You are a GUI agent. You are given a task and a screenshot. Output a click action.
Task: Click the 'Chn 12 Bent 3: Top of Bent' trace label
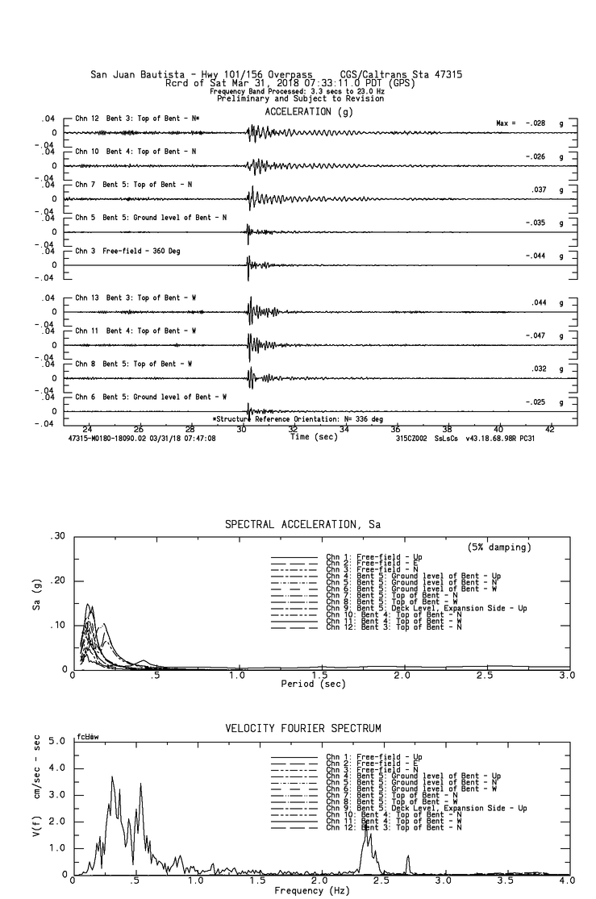pyautogui.click(x=137, y=119)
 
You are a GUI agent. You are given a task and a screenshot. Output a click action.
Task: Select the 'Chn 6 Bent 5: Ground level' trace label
pyautogui.click(x=151, y=397)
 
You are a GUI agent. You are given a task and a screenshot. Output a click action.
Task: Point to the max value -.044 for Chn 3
pyautogui.click(x=536, y=256)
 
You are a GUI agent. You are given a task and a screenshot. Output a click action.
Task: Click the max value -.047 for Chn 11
pyautogui.click(x=536, y=335)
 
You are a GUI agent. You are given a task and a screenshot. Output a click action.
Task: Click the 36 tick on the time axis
pyautogui.click(x=396, y=430)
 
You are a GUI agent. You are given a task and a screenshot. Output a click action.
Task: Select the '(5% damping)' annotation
pyautogui.click(x=499, y=547)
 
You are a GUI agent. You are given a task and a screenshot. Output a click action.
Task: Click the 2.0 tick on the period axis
pyautogui.click(x=402, y=675)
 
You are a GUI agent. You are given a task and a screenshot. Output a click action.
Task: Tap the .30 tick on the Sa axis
pyautogui.click(x=57, y=537)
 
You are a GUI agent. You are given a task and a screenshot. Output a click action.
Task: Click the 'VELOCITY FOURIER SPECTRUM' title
pyautogui.click(x=303, y=729)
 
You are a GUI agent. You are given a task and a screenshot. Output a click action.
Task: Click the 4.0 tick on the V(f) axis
pyautogui.click(x=56, y=768)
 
